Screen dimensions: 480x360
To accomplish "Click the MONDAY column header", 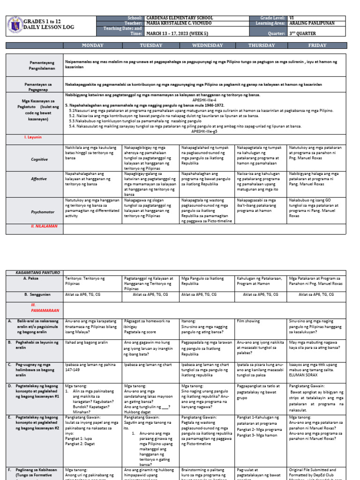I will (x=92, y=45).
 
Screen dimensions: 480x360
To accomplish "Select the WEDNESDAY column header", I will (x=207, y=45).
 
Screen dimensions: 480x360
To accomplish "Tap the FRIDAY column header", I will (x=317, y=45).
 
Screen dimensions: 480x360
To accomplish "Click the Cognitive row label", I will (x=39, y=159).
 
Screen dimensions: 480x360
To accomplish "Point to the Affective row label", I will (x=39, y=179).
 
